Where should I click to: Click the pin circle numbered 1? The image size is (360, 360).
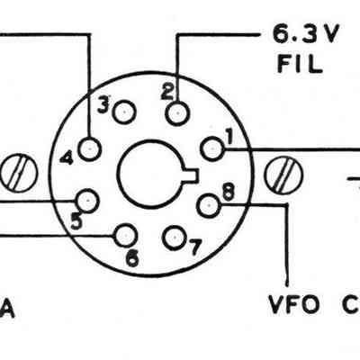pos(212,148)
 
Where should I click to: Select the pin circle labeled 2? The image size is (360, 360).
pos(178,113)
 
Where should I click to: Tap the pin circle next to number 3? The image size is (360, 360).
pos(124,112)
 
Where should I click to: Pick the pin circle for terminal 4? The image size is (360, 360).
pos(90,148)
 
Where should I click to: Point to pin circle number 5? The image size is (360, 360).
pos(87,201)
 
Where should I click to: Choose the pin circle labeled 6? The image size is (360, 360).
pos(124,236)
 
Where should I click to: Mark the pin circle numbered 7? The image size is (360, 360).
pos(175,238)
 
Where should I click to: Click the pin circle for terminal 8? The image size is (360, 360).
pos(209,205)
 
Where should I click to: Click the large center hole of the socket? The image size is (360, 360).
pos(151,173)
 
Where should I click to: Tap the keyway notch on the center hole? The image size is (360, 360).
pos(192,175)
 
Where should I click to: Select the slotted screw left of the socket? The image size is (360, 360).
pos(19,173)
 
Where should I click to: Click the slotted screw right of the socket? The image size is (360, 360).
pos(283,175)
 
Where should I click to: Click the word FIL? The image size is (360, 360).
pos(300,63)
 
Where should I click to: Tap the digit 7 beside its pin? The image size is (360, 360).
pos(194,247)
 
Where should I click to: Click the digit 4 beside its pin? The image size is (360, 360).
pos(67,157)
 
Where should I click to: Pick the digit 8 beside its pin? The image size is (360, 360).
pos(228,192)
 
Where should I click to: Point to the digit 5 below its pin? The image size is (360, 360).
pos(76,221)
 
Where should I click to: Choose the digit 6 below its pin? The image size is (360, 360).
pos(132,258)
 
